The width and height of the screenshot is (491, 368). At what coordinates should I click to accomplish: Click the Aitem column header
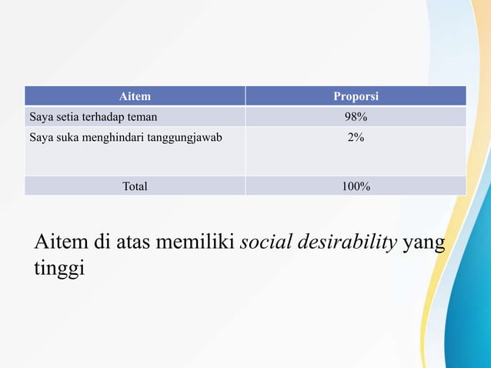pos(135,96)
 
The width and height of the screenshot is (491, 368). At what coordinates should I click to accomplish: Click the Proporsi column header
pos(356,96)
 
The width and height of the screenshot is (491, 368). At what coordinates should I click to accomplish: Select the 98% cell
pos(356,118)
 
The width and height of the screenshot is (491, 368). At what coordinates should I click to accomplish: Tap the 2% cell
pos(356,139)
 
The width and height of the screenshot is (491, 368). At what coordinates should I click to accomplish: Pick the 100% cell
pos(356,186)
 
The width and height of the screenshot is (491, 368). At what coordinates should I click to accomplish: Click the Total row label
pos(135,186)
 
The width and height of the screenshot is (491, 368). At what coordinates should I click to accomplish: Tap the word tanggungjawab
pos(183,139)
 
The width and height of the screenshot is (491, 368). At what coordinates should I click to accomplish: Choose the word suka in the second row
pos(64,139)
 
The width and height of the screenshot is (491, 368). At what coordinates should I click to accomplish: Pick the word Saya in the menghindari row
pos(40,139)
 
